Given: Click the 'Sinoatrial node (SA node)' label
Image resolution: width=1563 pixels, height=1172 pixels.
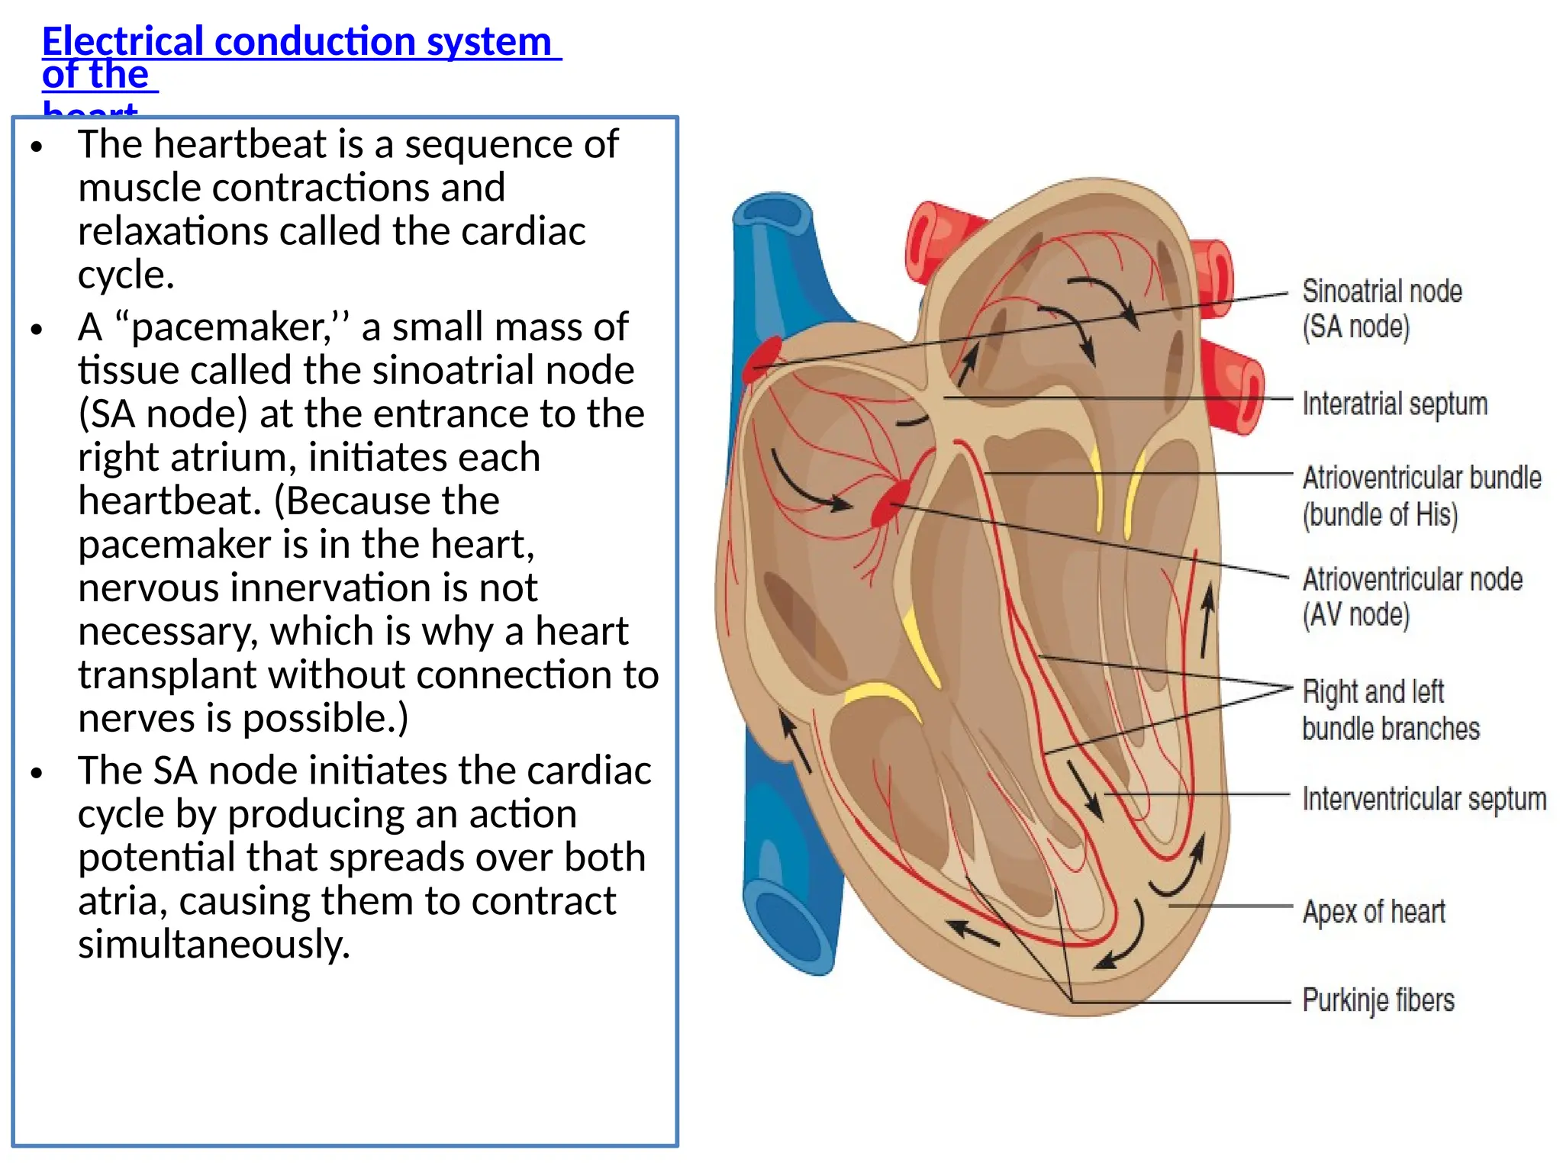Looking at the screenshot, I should pyautogui.click(x=1381, y=308).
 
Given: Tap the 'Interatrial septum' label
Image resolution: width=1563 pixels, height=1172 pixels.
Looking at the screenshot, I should pyautogui.click(x=1394, y=404).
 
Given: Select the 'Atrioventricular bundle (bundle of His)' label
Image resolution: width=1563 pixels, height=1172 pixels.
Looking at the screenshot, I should pyautogui.click(x=1421, y=495).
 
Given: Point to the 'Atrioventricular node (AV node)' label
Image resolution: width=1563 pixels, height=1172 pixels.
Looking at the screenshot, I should pyautogui.click(x=1412, y=597).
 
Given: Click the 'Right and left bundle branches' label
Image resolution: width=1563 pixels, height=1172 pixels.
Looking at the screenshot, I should pyautogui.click(x=1390, y=710).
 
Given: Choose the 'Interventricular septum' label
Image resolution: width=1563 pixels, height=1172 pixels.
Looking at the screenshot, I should pyautogui.click(x=1424, y=799).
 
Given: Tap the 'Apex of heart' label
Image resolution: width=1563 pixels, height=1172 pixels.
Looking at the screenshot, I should pyautogui.click(x=1374, y=911).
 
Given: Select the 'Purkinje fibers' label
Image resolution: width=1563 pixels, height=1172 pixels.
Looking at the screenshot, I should pyautogui.click(x=1378, y=1000).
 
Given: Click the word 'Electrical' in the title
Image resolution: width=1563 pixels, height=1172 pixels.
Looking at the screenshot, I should pyautogui.click(x=123, y=41).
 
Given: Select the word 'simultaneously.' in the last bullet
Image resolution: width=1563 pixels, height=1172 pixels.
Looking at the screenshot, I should pyautogui.click(x=214, y=945).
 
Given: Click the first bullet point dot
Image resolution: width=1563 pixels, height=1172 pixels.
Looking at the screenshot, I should pyautogui.click(x=37, y=146).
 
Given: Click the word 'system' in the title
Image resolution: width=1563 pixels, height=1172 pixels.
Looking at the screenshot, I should pyautogui.click(x=488, y=41).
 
